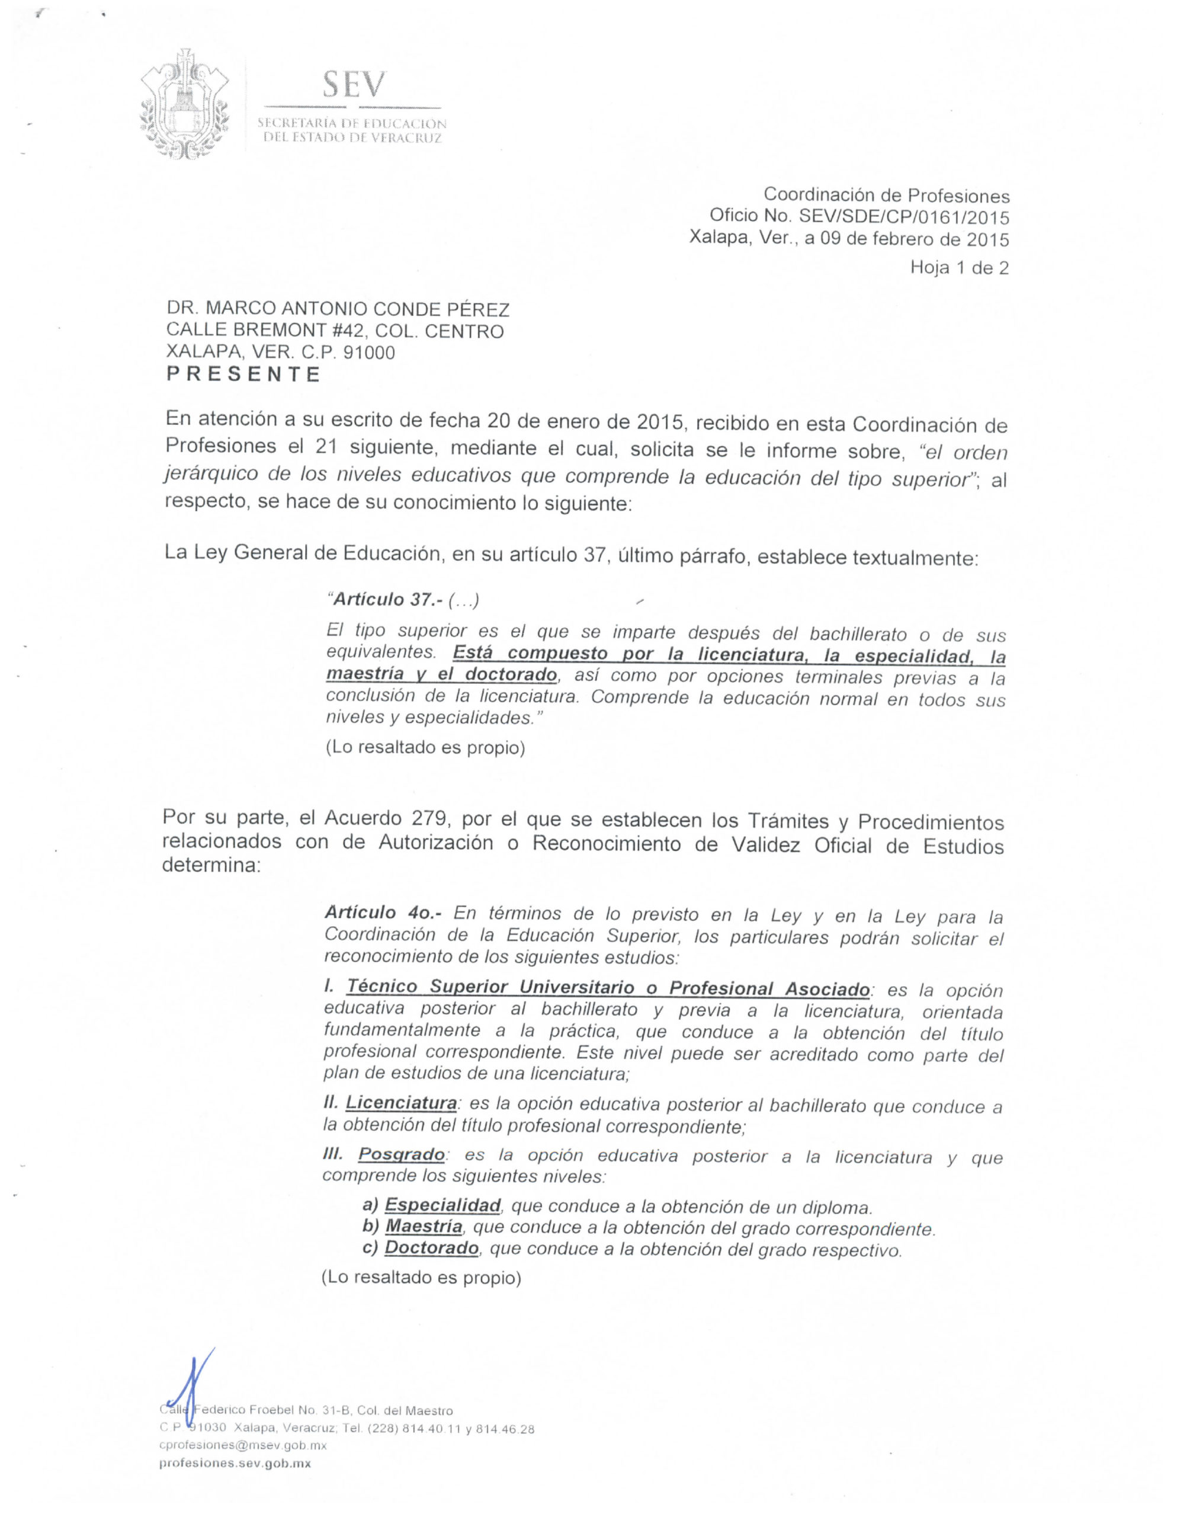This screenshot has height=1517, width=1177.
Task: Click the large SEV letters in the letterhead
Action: (353, 85)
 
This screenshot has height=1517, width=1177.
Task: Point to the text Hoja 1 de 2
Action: (959, 268)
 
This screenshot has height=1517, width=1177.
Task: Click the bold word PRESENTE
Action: (243, 375)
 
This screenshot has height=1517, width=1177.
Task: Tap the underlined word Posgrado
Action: (402, 1154)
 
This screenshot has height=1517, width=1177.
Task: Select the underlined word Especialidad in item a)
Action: (442, 1205)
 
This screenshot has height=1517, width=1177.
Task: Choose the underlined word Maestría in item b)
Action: (424, 1227)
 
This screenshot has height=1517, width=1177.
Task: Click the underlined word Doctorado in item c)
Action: (431, 1248)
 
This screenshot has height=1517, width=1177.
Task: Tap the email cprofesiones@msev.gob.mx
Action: (243, 1445)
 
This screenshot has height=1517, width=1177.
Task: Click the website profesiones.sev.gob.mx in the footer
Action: (235, 1464)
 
